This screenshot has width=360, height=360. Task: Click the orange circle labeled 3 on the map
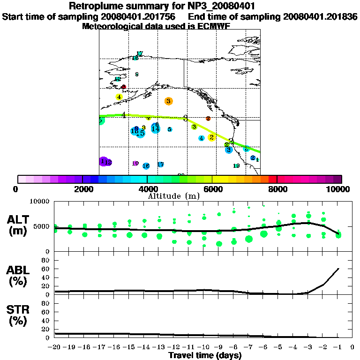tap(168, 101)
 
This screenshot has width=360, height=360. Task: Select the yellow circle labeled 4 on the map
tap(119, 97)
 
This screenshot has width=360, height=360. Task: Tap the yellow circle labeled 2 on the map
tap(211, 137)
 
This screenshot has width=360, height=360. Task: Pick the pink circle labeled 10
tap(135, 163)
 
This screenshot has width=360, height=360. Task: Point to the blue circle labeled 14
tap(156, 128)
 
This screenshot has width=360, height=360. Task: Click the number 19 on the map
tap(237, 166)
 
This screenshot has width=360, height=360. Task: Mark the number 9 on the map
tap(136, 74)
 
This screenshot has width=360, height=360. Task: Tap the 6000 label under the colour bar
tap(212, 189)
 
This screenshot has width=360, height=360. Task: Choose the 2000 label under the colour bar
tap(82, 189)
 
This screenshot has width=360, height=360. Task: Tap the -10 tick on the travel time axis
tap(203, 347)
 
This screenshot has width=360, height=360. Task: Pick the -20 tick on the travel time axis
tap(54, 347)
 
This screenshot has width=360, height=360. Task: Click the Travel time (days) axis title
tap(205, 355)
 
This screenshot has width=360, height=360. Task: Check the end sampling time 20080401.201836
tap(320, 16)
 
